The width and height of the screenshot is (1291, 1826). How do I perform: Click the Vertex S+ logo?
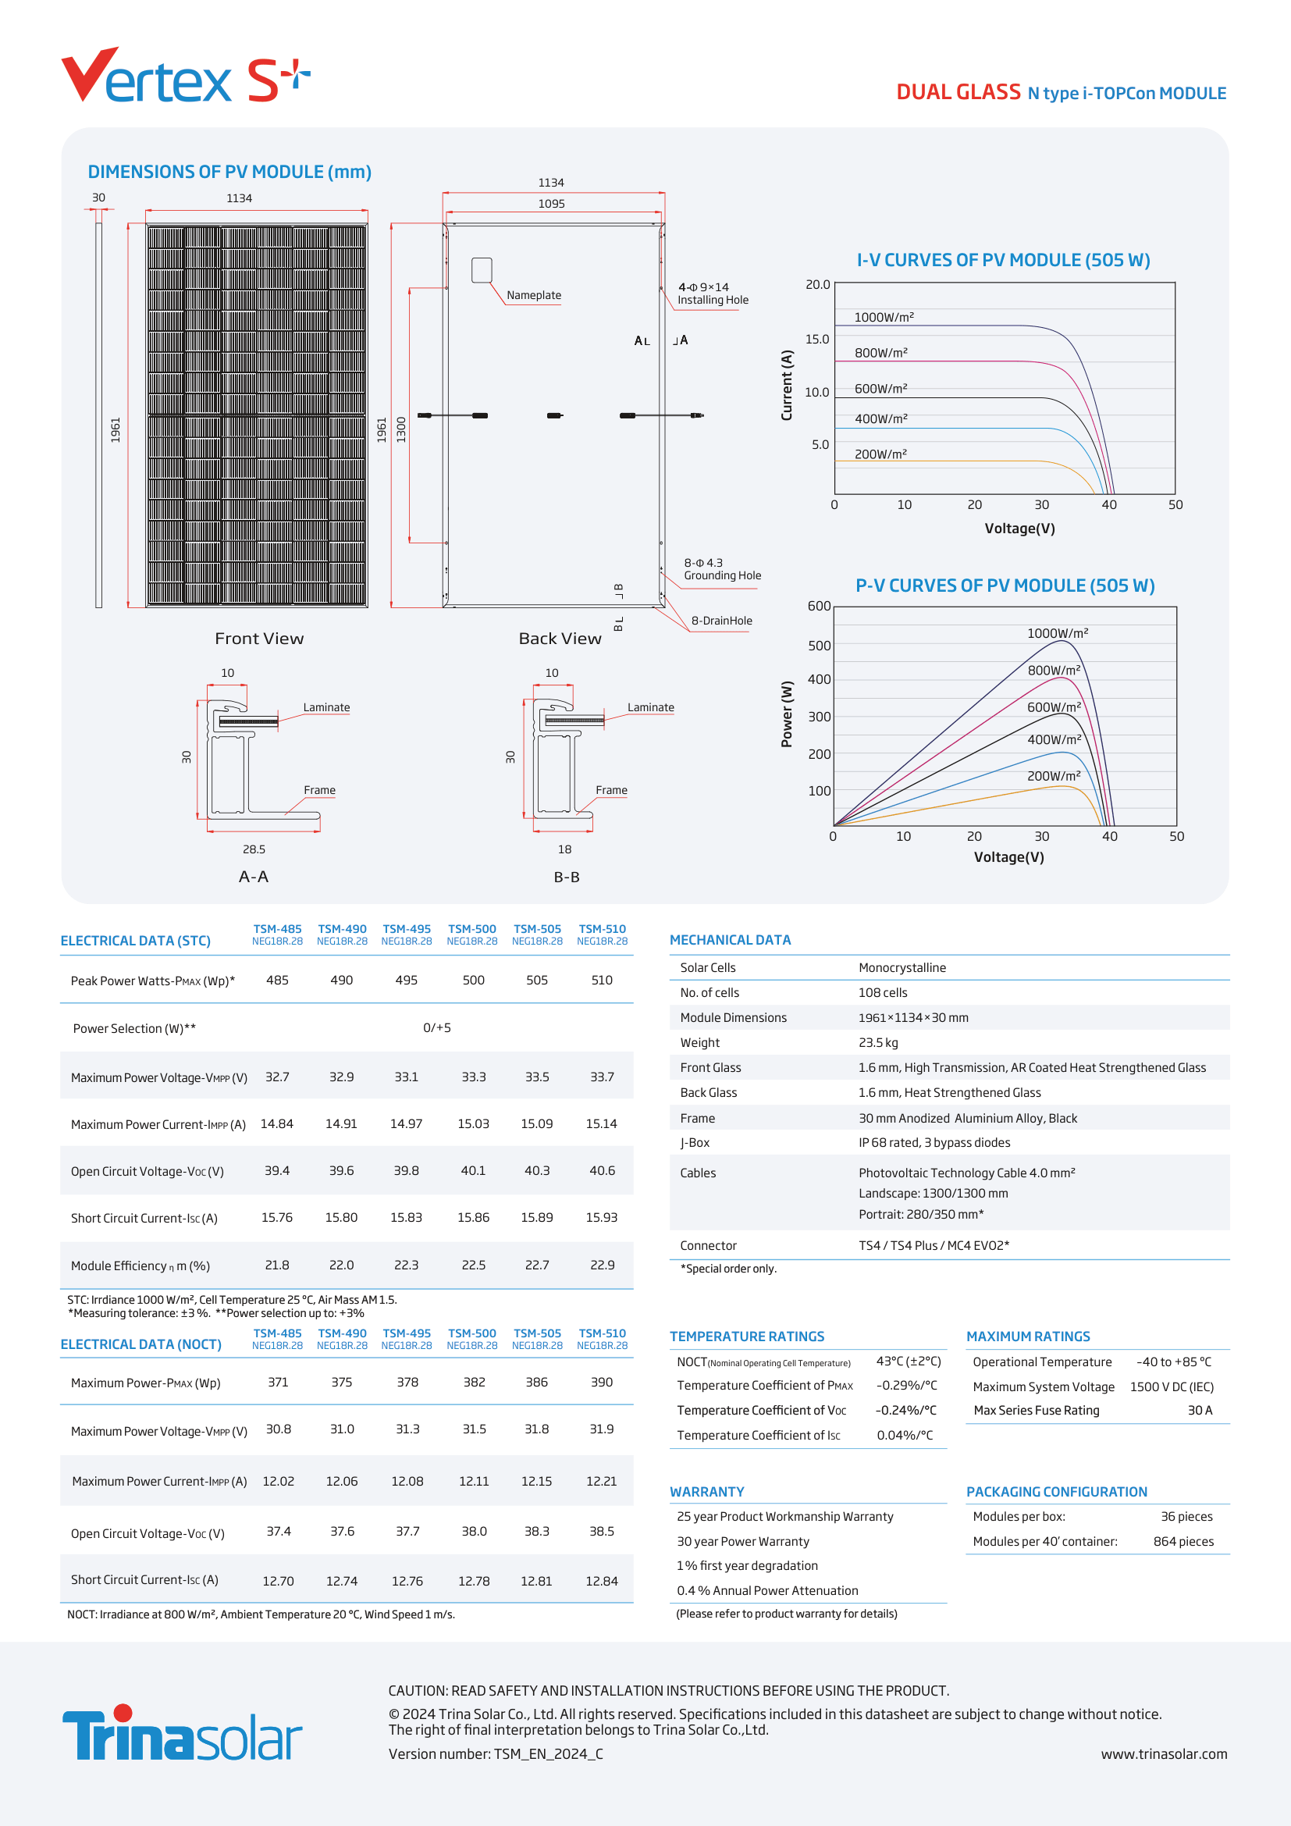184,77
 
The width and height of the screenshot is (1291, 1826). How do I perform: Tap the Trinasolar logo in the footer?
182,1734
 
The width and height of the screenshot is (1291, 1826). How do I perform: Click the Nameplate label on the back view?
533,295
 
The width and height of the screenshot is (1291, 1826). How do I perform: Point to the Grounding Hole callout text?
722,575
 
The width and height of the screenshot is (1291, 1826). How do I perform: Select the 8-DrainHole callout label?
721,621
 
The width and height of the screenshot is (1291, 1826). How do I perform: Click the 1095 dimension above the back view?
551,204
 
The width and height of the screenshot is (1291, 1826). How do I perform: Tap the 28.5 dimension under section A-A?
254,849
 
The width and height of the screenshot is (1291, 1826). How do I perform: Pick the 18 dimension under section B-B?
564,849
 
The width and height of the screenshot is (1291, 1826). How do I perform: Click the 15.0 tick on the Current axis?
816,339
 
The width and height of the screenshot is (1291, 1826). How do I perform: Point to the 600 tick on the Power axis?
819,606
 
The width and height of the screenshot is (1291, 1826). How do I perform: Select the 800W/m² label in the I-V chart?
880,352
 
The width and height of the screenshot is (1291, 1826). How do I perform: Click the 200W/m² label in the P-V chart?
1053,775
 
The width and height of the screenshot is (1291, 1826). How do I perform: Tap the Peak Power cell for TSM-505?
536,980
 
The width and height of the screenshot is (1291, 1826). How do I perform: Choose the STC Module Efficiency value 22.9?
602,1265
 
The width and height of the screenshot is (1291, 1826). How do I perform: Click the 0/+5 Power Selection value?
436,1027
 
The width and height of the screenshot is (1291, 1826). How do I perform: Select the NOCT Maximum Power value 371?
277,1383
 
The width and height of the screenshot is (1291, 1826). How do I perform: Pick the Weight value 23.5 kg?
877,1043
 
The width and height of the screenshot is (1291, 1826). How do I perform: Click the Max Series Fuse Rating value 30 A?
1200,1410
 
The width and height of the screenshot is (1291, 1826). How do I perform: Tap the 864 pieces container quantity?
1183,1541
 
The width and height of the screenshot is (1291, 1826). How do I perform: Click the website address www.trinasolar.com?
1163,1753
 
